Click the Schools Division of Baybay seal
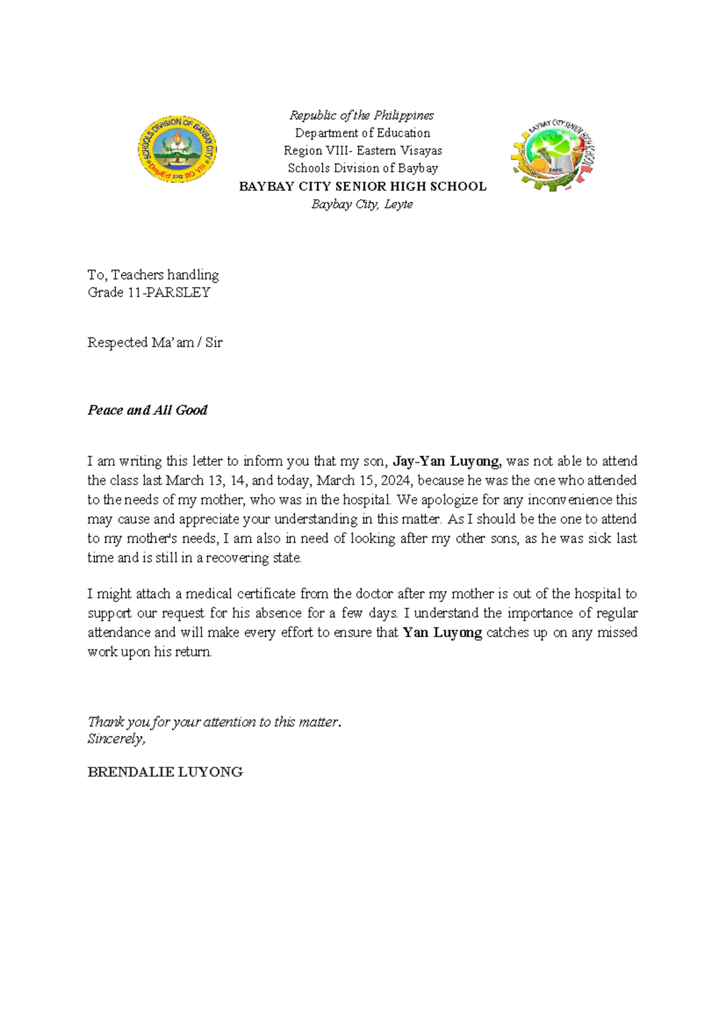(177, 150)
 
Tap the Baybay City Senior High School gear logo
(553, 155)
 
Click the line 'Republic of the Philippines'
(362, 115)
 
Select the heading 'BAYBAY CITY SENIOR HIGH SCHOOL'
(362, 187)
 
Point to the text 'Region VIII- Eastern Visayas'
(362, 151)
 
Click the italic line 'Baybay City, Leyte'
(362, 205)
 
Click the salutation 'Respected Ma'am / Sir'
(155, 343)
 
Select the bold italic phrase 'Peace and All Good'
(148, 411)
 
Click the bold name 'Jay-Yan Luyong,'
(447, 461)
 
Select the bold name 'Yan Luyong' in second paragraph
(442, 633)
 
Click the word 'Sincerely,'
(116, 739)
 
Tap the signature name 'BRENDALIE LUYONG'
(165, 772)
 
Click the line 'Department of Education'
(362, 133)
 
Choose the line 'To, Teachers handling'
(153, 275)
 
